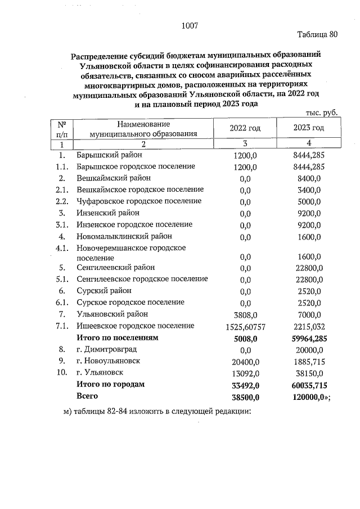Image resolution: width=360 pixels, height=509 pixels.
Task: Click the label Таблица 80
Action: click(317, 34)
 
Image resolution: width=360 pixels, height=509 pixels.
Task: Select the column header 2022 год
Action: click(245, 128)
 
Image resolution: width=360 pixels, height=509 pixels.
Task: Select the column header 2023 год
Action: click(308, 128)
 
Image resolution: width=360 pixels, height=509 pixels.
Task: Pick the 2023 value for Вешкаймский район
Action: click(308, 178)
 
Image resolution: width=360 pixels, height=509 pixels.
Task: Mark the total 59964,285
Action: click(307, 339)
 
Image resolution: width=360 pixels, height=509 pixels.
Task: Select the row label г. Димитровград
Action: click(105, 349)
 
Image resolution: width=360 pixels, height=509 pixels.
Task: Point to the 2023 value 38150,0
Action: click(308, 373)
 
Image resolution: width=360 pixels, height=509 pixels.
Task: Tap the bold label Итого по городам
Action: click(111, 384)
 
